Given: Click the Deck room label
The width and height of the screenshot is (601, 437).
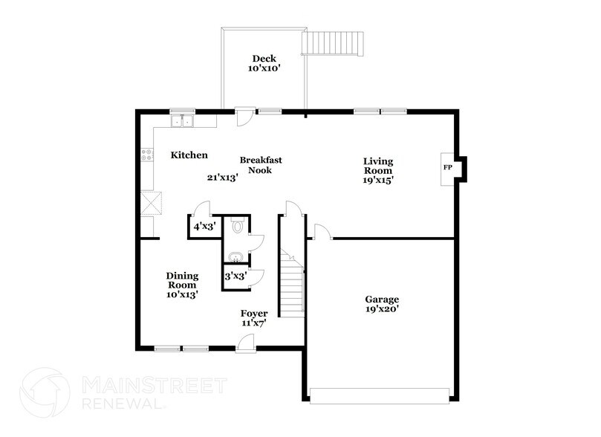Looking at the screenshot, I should pyautogui.click(x=264, y=59).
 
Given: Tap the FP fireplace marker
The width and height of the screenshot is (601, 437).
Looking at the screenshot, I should pyautogui.click(x=448, y=167).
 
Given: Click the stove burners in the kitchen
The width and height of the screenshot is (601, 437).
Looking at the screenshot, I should pyautogui.click(x=147, y=155).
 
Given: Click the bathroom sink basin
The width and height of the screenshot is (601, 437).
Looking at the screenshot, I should pyautogui.click(x=235, y=257).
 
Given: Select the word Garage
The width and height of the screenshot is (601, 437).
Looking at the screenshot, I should pyautogui.click(x=383, y=299).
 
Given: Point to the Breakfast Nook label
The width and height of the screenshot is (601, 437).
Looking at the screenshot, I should pyautogui.click(x=260, y=164).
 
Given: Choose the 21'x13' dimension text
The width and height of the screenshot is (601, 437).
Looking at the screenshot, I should pyautogui.click(x=222, y=178).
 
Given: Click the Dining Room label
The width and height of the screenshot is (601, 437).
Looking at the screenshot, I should pyautogui.click(x=181, y=280).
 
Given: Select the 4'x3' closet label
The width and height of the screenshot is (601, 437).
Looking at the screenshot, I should pyautogui.click(x=204, y=227).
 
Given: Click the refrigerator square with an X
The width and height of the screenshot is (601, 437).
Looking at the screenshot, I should pyautogui.click(x=152, y=203).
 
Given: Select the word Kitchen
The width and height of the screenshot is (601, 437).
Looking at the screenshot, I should pyautogui.click(x=189, y=155).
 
